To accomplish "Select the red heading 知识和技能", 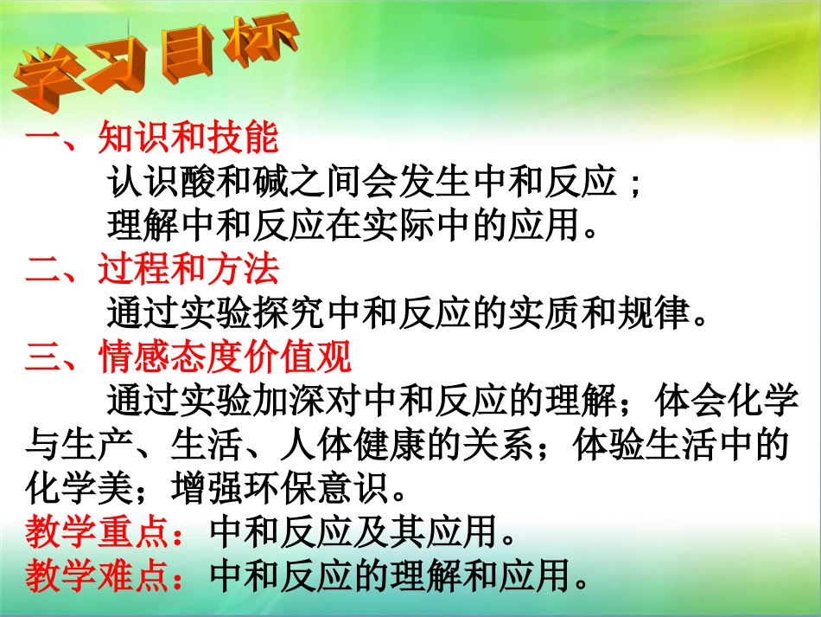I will [188, 137].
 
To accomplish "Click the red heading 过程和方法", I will [188, 270].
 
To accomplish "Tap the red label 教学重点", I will [96, 532].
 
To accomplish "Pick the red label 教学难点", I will [96, 575].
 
